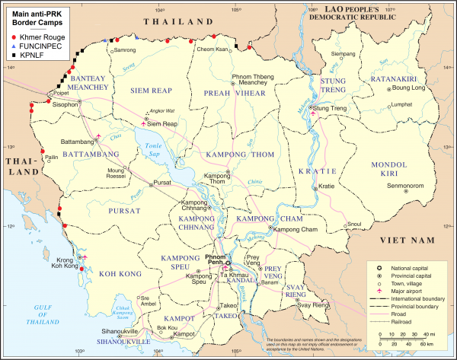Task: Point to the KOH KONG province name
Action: coord(114,272)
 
